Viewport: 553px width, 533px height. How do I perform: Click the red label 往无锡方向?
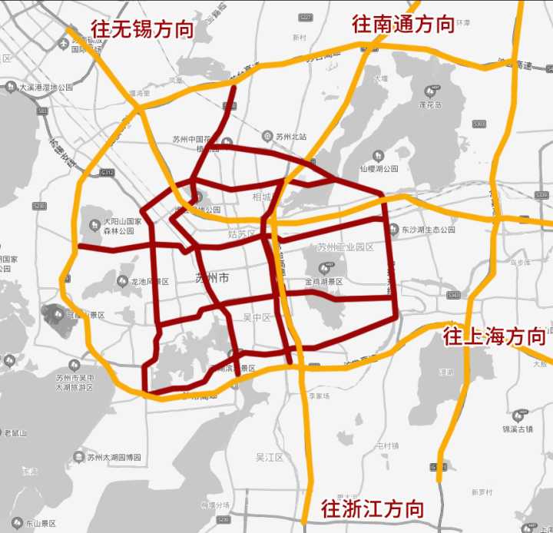tap(142, 28)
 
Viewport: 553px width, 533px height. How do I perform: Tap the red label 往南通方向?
tap(404, 24)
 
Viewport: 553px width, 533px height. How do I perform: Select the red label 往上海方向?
tap(495, 336)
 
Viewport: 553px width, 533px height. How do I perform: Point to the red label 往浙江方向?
tap(373, 508)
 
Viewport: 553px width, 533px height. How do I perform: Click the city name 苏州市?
tap(212, 278)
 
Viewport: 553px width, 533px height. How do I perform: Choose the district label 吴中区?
tap(258, 317)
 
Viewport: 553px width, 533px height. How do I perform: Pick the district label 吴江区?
tap(270, 457)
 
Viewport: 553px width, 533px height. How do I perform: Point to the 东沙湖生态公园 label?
tap(428, 230)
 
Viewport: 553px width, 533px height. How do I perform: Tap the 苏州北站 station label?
tap(290, 137)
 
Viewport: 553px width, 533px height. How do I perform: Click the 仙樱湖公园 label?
tap(379, 168)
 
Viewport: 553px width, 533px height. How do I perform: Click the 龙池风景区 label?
tap(154, 282)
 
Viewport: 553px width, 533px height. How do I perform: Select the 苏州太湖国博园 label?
tap(114, 458)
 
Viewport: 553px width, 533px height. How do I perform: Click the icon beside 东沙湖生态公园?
tap(392, 230)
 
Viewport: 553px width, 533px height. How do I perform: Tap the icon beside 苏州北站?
tap(267, 137)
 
